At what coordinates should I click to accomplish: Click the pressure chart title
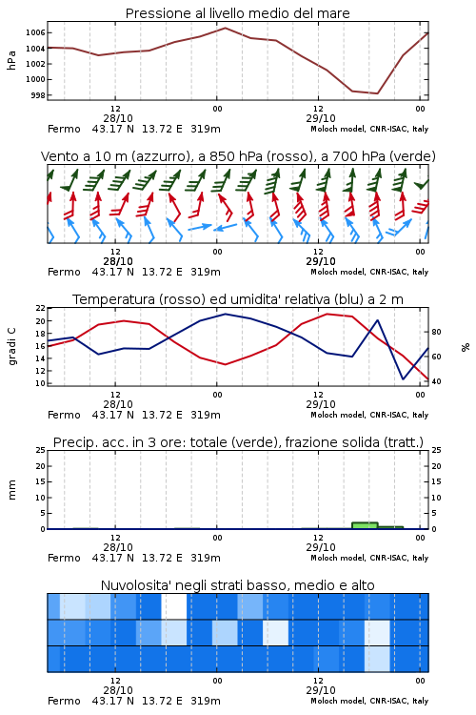pyautogui.click(x=237, y=13)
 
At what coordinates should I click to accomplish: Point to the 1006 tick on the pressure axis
pyautogui.click(x=35, y=32)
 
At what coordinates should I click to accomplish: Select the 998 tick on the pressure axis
pyautogui.click(x=38, y=95)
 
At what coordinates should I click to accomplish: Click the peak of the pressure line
pyautogui.click(x=225, y=28)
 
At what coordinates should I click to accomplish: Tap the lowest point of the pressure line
pyautogui.click(x=377, y=93)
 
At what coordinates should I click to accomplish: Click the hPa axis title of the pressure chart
pyautogui.click(x=11, y=60)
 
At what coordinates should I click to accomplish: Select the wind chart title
pyautogui.click(x=238, y=156)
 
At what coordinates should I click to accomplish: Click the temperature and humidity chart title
pyautogui.click(x=238, y=299)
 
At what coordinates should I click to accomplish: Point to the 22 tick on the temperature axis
pyautogui.click(x=41, y=308)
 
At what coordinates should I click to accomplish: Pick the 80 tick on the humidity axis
pyautogui.click(x=436, y=332)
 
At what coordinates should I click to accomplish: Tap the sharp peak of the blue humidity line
pyautogui.click(x=377, y=320)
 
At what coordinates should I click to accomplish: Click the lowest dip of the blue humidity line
pyautogui.click(x=403, y=378)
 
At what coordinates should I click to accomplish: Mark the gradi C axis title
pyautogui.click(x=11, y=346)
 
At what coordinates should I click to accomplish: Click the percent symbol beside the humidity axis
pyautogui.click(x=466, y=347)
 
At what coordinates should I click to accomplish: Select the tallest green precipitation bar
pyautogui.click(x=365, y=525)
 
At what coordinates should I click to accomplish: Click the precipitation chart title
pyautogui.click(x=238, y=442)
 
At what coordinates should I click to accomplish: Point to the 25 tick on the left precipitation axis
pyautogui.click(x=41, y=450)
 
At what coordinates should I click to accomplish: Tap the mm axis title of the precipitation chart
pyautogui.click(x=11, y=489)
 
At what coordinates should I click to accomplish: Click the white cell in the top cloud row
pyautogui.click(x=174, y=606)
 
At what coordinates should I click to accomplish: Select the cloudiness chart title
pyautogui.click(x=237, y=585)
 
